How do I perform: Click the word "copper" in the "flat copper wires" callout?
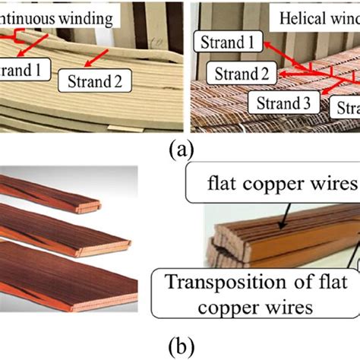[289, 185]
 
